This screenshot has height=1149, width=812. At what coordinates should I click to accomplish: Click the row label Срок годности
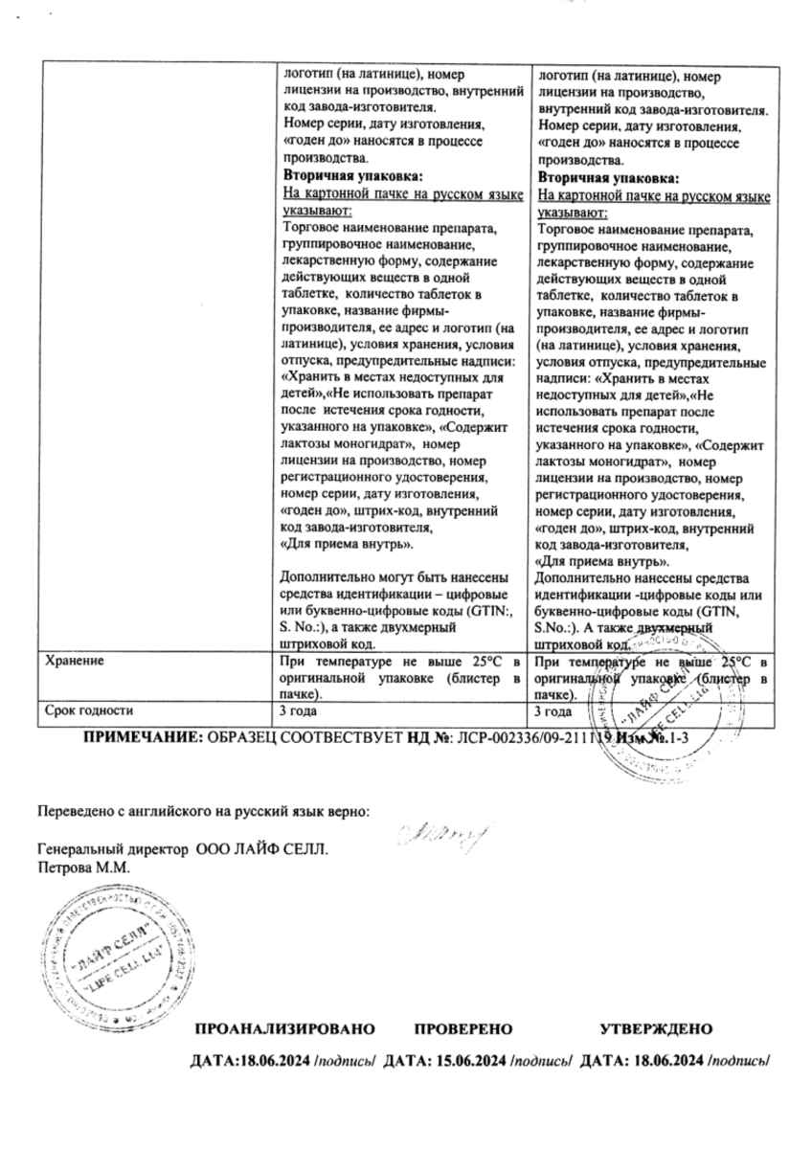(89, 711)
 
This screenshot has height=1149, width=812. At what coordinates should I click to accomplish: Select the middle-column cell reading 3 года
(297, 711)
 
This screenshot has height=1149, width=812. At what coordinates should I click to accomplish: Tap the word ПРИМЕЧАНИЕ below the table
(144, 738)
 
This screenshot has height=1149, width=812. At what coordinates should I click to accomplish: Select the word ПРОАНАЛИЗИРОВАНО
(284, 1029)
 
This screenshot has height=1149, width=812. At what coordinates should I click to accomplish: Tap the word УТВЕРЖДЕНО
(656, 1029)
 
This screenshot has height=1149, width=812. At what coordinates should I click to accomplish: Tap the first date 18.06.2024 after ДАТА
(275, 1062)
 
